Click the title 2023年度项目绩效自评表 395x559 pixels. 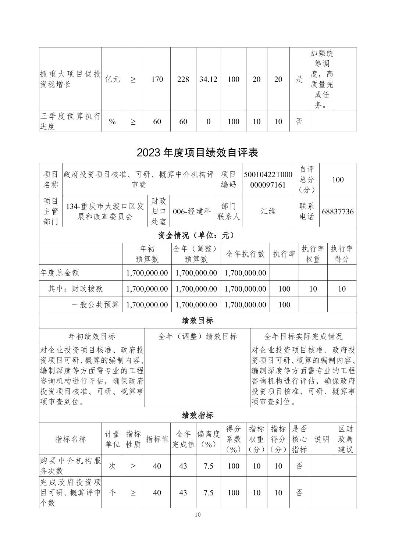(197, 153)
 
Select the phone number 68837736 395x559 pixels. (338, 211)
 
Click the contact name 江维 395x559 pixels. (268, 211)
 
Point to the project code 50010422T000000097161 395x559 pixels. (267, 179)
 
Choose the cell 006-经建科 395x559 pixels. (192, 211)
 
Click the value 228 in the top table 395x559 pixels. (183, 79)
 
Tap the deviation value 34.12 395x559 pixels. (208, 79)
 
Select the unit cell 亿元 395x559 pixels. (112, 79)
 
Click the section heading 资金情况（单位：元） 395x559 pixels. (197, 235)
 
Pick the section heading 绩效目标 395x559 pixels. (197, 320)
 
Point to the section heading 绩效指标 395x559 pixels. (197, 415)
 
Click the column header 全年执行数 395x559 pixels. (245, 254)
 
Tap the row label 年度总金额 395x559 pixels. (60, 273)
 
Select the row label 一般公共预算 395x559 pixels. (95, 305)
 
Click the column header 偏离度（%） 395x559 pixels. (208, 439)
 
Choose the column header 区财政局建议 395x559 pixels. (345, 439)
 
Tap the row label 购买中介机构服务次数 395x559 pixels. (70, 466)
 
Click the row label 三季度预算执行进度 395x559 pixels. (70, 121)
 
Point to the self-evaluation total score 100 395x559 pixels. (338, 179)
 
